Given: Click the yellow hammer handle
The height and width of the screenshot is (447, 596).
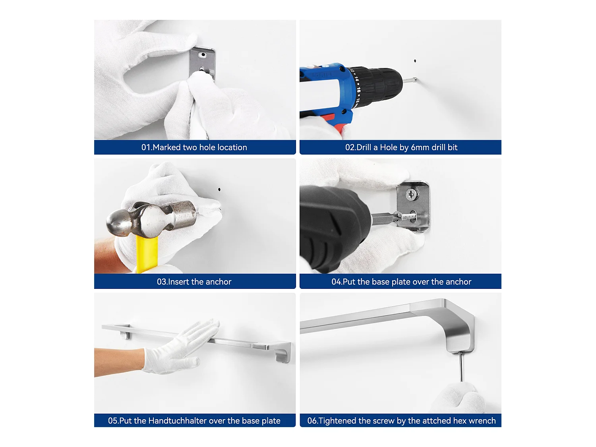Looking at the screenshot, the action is tap(147, 254).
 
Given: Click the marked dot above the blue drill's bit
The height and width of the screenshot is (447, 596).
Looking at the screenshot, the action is tap(415, 61).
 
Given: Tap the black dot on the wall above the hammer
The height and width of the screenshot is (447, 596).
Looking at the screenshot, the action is tap(219, 190).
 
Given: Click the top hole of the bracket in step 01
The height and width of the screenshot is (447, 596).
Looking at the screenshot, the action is tap(203, 55).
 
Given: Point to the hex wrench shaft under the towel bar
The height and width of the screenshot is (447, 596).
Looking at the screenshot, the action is tap(461, 367).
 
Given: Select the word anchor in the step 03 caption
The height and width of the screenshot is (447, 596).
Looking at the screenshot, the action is tap(218, 282).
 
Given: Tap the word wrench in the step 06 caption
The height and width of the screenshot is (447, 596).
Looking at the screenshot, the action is tap(482, 421).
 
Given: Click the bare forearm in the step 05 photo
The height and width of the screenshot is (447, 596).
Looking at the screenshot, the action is tap(119, 361).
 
